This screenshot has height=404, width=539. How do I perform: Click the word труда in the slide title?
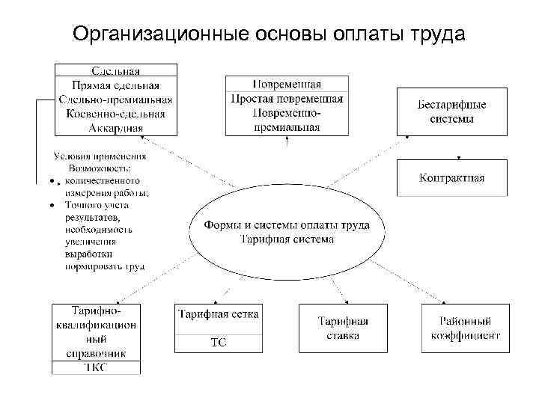click(x=433, y=35)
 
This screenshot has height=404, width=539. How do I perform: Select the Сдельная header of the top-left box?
click(x=115, y=71)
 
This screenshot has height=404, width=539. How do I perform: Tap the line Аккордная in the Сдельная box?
click(x=115, y=127)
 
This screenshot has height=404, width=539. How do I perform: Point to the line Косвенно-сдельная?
click(x=115, y=114)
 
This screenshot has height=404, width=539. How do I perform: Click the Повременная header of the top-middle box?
click(x=287, y=83)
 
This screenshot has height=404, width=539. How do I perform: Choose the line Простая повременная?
click(x=287, y=97)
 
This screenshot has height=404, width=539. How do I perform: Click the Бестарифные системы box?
click(x=451, y=111)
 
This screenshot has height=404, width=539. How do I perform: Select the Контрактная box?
click(x=451, y=178)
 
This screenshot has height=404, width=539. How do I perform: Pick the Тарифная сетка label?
click(x=219, y=314)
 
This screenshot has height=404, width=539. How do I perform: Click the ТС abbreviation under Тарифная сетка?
click(x=218, y=343)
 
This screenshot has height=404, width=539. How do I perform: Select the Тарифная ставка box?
click(x=342, y=328)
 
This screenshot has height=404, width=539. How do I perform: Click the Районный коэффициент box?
click(x=465, y=328)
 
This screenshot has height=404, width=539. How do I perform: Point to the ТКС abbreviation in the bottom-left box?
click(x=95, y=367)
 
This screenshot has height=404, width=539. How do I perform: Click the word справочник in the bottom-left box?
click(x=95, y=352)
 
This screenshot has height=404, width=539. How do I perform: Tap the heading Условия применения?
click(x=100, y=156)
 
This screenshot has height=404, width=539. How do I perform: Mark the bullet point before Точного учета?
click(x=50, y=203)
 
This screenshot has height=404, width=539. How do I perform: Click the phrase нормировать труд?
click(x=105, y=266)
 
